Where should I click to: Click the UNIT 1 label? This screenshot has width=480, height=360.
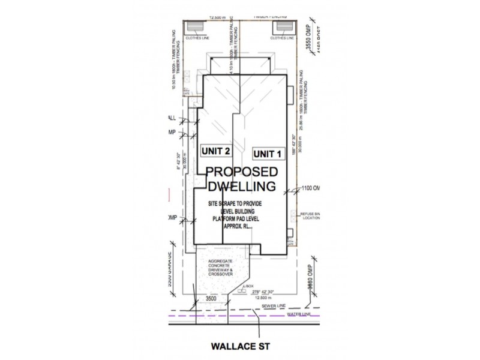click(x=268, y=154)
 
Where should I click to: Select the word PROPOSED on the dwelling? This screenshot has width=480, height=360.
click(x=242, y=172)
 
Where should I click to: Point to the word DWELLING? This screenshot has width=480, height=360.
click(x=242, y=187)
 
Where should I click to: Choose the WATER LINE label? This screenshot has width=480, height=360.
click(x=300, y=314)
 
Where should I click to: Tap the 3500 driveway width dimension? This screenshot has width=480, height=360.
click(x=211, y=298)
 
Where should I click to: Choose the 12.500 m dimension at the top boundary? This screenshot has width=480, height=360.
click(x=209, y=18)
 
